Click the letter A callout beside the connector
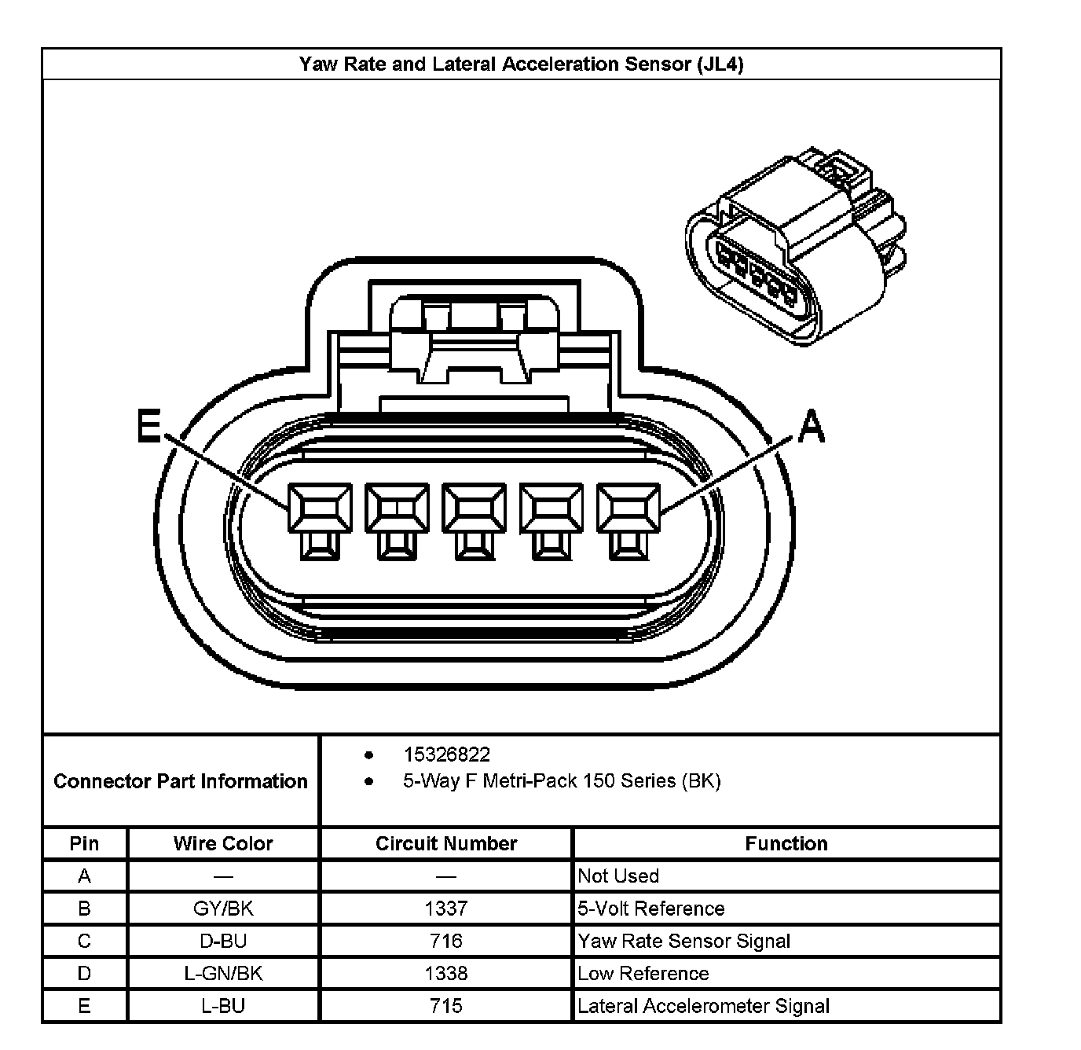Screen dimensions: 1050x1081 click(x=811, y=428)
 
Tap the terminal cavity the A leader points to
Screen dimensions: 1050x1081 click(x=628, y=509)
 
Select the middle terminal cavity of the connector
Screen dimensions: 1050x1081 click(x=474, y=509)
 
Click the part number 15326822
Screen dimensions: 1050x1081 click(x=446, y=754)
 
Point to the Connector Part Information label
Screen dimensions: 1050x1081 click(x=181, y=781)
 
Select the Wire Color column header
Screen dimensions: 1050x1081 click(x=223, y=843)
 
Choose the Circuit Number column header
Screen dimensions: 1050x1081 click(x=446, y=843)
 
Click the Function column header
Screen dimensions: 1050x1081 click(x=786, y=843)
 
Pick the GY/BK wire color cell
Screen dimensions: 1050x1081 click(x=223, y=909)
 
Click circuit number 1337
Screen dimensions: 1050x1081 click(x=446, y=909)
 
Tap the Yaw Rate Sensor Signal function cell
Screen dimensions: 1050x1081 click(x=684, y=941)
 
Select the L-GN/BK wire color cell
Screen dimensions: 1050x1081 click(x=223, y=974)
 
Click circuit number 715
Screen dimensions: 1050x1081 click(x=446, y=1006)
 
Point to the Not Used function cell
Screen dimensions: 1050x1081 click(x=618, y=876)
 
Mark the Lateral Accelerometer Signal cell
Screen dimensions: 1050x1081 click(x=703, y=1006)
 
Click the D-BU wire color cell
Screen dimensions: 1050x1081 click(x=223, y=941)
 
